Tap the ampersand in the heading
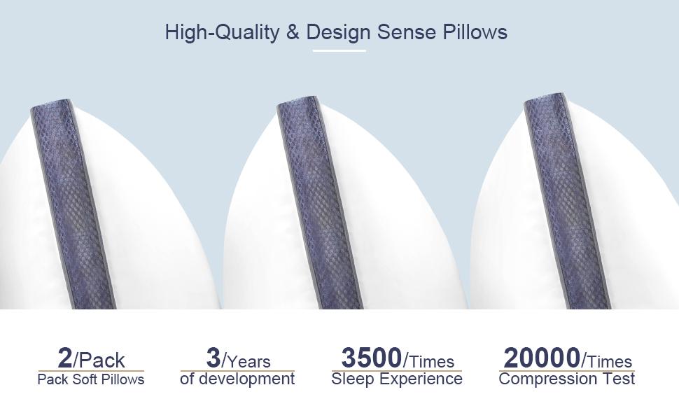(293, 32)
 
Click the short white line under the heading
(339, 50)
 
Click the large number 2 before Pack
(65, 358)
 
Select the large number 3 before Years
(213, 358)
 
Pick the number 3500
(371, 358)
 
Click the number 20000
(542, 358)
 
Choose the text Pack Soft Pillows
(91, 379)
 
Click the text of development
(237, 379)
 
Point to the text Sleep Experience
(397, 379)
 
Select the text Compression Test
(567, 379)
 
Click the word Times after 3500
(432, 361)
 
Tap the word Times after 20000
(610, 361)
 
